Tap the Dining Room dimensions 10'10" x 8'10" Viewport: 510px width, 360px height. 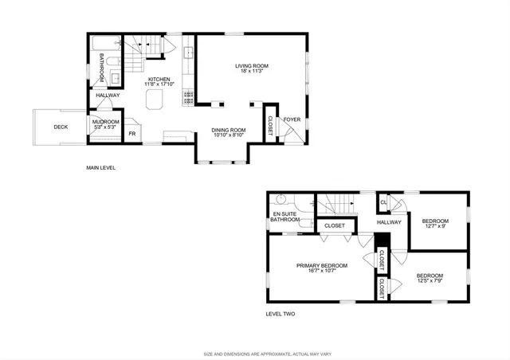click(229, 135)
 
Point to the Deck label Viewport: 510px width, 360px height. click(61, 127)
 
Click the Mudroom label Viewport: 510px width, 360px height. click(105, 122)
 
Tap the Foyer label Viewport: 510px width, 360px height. click(292, 120)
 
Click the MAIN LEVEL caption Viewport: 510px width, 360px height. click(101, 168)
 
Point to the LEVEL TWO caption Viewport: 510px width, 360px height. click(280, 314)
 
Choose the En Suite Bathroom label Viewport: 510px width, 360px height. click(284, 216)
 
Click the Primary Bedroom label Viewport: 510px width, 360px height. click(322, 265)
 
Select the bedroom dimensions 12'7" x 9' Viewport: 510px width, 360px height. click(435, 227)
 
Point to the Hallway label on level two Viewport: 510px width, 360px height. click(389, 222)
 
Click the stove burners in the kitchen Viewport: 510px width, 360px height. click(189, 97)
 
